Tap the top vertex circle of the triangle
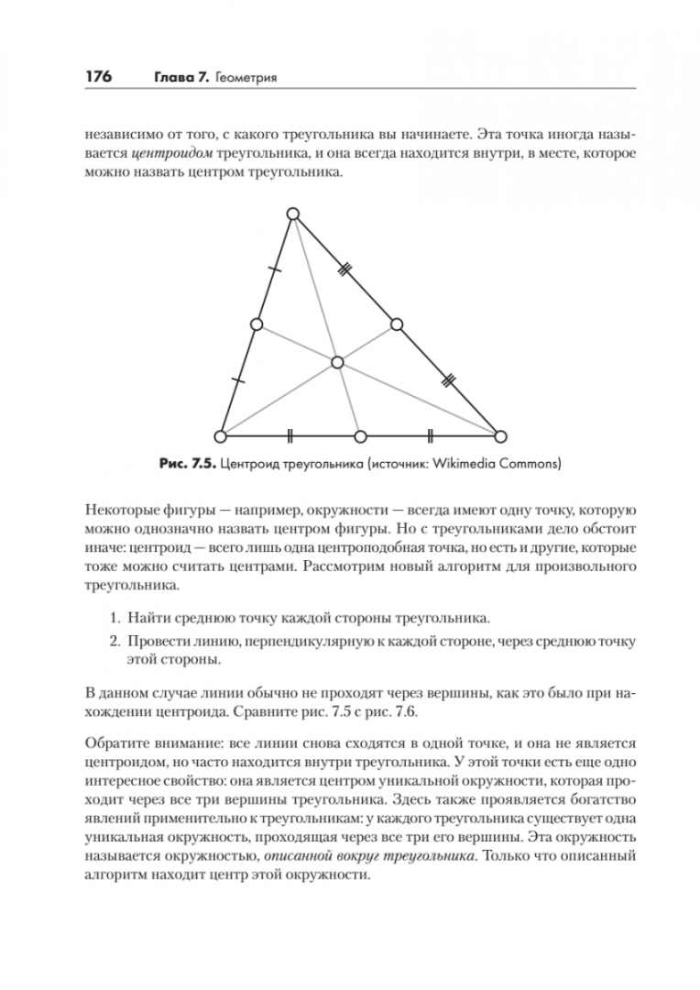(293, 214)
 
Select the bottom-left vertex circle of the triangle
(220, 435)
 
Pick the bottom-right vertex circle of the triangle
(500, 435)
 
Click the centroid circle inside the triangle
(338, 362)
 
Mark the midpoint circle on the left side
(257, 324)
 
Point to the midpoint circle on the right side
(397, 324)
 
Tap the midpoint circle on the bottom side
(360, 435)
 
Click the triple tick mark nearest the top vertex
(345, 269)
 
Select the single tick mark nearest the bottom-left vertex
(238, 379)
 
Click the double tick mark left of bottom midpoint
(290, 435)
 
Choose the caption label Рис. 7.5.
(187, 465)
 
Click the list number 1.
(116, 620)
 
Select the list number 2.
(116, 642)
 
